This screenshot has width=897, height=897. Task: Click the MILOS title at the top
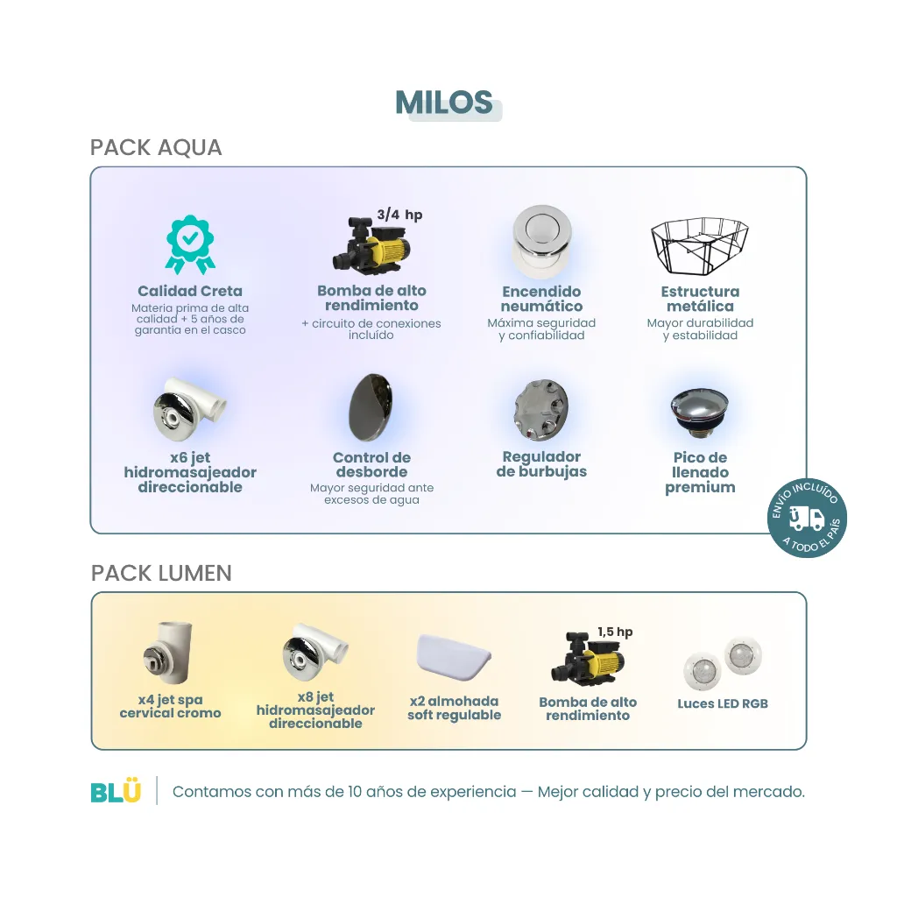point(444,103)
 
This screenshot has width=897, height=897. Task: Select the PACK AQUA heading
point(156,147)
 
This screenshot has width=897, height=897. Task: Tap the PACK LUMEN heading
point(161,573)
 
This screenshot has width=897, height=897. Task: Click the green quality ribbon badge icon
point(190,244)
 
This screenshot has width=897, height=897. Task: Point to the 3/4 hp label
point(399,215)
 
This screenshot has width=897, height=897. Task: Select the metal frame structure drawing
point(700,246)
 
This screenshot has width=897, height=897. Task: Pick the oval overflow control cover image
point(371,407)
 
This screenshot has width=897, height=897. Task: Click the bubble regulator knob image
point(540,410)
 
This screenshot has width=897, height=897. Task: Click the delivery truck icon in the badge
point(807,519)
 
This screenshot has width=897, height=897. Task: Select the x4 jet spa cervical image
point(167,653)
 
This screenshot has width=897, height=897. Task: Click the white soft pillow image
point(455,655)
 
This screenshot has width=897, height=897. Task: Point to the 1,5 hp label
point(615,632)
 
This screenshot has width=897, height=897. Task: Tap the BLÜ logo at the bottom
point(116,791)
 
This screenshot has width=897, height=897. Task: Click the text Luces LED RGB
point(723,704)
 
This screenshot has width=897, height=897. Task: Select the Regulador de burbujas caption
point(541,464)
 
